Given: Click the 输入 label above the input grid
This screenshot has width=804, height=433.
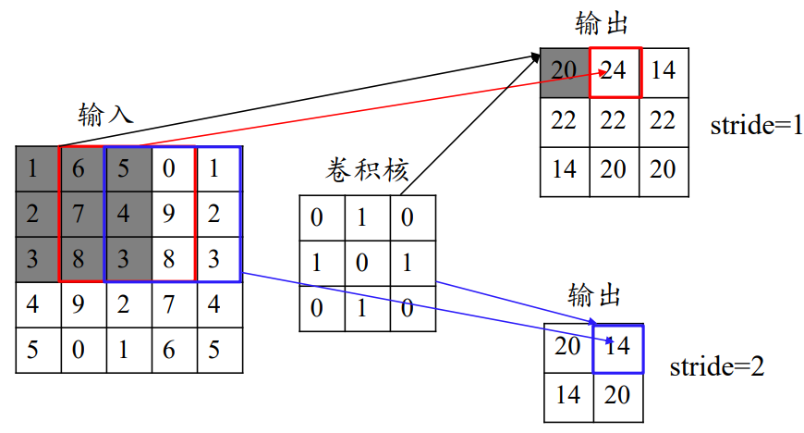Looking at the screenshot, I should coord(106,114).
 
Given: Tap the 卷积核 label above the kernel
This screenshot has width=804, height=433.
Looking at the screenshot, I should coord(367,169).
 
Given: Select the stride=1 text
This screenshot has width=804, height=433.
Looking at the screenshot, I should coord(756,126).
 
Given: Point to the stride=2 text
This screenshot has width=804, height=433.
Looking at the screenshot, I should coord(717,366).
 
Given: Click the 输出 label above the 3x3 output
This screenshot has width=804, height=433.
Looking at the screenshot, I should coord(602,23).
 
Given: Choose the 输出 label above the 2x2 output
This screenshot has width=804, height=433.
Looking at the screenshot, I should coord(594,296).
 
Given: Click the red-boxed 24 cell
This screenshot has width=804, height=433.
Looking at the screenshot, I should coord(615,71).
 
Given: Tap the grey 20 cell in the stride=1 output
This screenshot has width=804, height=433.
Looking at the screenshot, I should coord(565,71).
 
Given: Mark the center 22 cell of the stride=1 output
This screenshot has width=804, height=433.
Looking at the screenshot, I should coord(614,121).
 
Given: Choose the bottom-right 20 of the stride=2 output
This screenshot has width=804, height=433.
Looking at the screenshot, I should coord(617,395).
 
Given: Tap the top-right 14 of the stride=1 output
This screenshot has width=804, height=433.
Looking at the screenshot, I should coord(664,71).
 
